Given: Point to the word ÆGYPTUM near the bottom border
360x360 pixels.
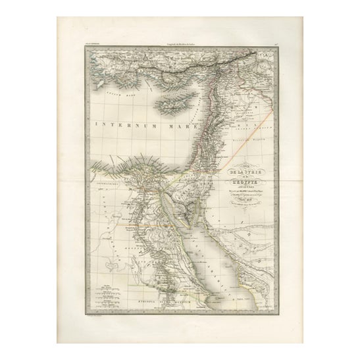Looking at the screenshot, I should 186,296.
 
